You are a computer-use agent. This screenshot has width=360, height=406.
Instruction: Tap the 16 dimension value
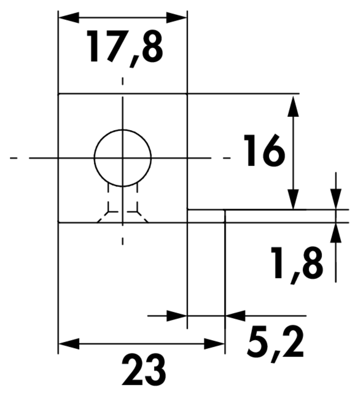pyautogui.click(x=264, y=151)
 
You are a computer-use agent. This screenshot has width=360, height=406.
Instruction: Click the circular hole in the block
pyautogui.click(x=123, y=158)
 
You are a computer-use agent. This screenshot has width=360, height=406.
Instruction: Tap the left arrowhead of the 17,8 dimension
pyautogui.click(x=68, y=17)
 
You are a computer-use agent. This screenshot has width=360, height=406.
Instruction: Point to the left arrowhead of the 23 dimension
pyautogui.click(x=68, y=344)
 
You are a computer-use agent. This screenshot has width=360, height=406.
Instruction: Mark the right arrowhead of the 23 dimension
pyautogui.click(x=215, y=344)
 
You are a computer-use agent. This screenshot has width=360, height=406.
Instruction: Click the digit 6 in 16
pyautogui.click(x=273, y=151)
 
